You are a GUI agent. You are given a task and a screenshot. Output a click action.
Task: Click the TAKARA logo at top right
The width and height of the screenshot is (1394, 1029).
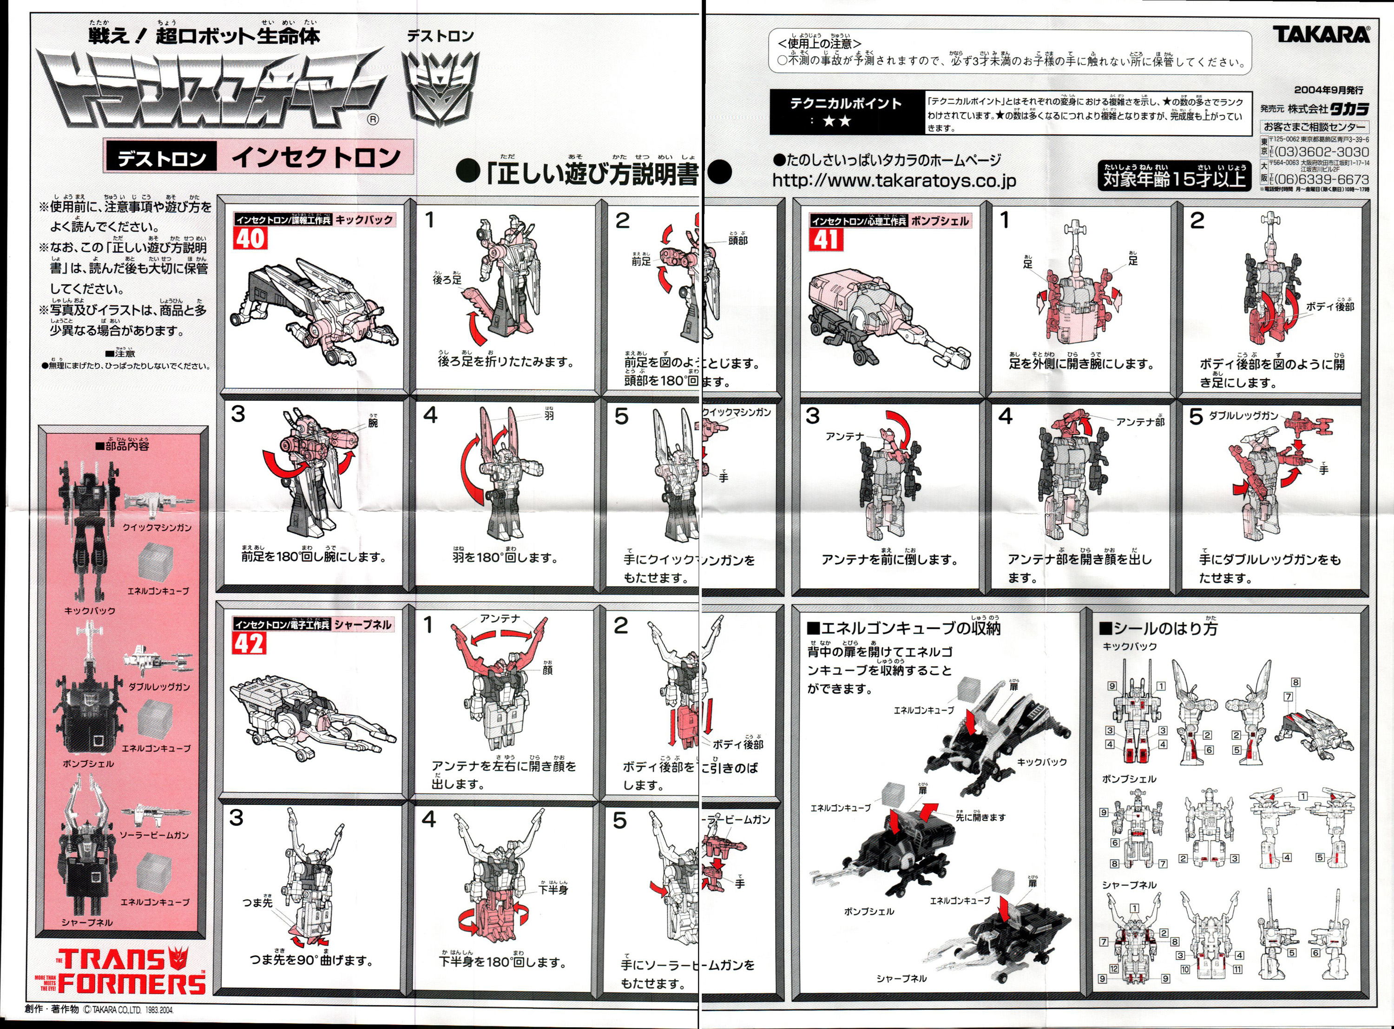1321,34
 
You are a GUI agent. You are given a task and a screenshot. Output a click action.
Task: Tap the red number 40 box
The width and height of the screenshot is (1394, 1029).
250,238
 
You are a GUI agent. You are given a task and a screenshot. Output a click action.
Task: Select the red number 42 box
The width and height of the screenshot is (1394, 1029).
250,643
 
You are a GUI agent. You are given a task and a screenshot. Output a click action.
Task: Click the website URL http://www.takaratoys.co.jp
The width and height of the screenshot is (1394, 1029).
894,181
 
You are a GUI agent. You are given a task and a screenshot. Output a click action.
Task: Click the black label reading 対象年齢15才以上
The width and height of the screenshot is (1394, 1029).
1174,179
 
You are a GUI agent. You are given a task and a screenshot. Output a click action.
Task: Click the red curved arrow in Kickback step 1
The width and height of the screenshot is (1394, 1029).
478,328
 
